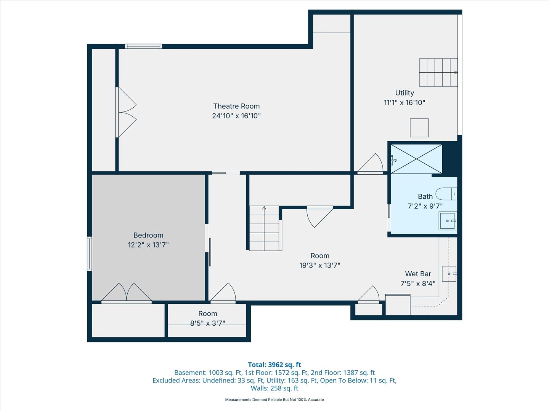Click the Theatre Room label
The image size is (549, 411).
click(x=236, y=106)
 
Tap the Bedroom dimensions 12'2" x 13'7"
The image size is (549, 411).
click(x=148, y=245)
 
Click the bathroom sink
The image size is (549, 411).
click(x=448, y=221)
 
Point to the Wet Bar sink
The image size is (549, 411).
click(x=449, y=274)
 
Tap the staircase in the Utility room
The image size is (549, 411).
click(x=438, y=72)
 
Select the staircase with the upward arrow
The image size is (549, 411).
click(x=265, y=228)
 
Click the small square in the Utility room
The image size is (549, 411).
click(x=419, y=128)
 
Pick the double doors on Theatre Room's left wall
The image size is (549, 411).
click(x=126, y=112)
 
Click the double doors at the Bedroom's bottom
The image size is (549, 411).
click(x=127, y=293)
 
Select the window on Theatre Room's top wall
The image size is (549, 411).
click(x=144, y=46)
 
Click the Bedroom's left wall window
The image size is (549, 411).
click(x=90, y=253)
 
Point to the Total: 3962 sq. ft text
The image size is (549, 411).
click(x=274, y=365)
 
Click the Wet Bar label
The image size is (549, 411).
click(x=418, y=274)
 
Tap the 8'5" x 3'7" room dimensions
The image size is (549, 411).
click(x=208, y=323)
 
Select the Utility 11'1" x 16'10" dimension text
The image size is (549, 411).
click(x=405, y=102)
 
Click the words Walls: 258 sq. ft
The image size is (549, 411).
click(x=274, y=388)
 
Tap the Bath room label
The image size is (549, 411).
click(x=425, y=196)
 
